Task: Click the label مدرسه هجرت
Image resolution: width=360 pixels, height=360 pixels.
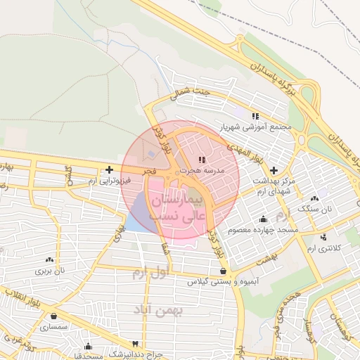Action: [x=201, y=170]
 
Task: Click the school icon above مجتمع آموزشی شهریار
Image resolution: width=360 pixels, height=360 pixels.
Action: [x=256, y=116]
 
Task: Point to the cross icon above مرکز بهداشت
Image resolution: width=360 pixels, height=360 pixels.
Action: [x=274, y=171]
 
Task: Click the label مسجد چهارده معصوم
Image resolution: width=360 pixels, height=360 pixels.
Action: [x=262, y=230]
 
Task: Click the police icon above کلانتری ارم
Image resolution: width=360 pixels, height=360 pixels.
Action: [x=323, y=238]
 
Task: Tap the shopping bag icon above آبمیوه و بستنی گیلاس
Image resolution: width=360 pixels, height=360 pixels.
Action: [x=223, y=271]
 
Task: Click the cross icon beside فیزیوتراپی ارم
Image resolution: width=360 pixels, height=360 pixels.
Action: [x=109, y=169]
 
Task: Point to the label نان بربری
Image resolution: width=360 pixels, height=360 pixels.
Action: [x=51, y=270]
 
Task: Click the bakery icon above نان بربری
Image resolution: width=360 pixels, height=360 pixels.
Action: [x=50, y=259]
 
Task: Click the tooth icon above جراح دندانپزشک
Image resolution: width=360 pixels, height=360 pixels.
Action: [x=88, y=346]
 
